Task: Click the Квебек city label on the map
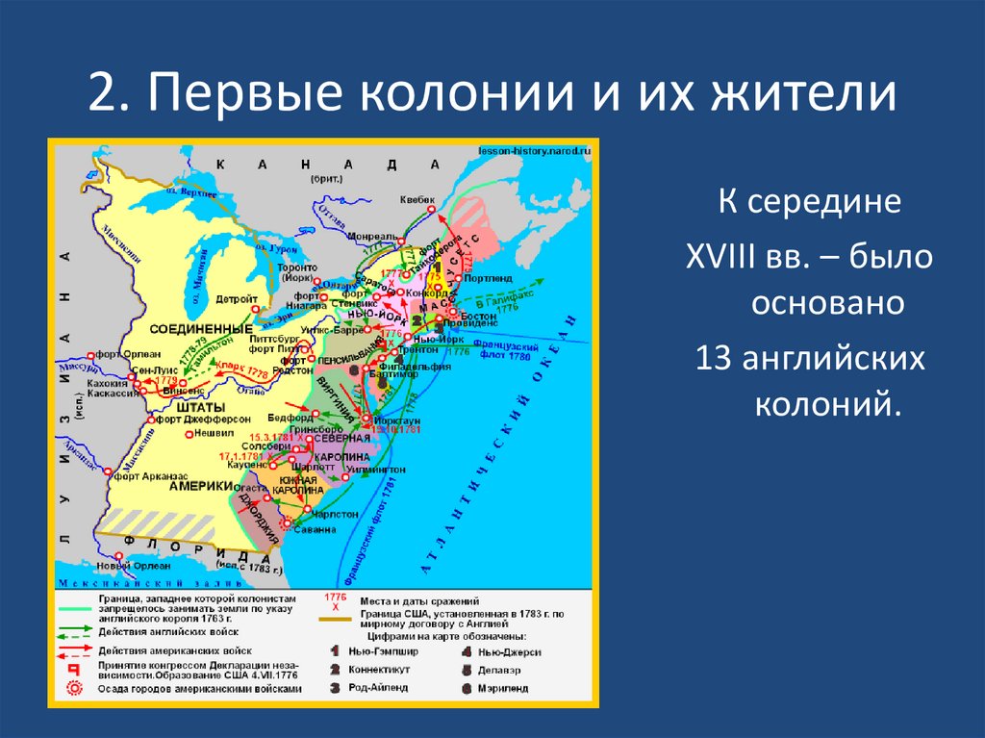tap(417, 199)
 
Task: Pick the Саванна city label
tap(316, 530)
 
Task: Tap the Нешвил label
tap(215, 433)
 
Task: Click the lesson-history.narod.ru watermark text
tap(534, 150)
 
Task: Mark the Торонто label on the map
tap(295, 267)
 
